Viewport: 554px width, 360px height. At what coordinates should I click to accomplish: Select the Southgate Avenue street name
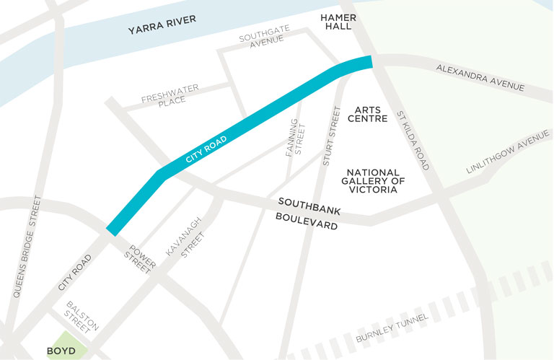point(265,35)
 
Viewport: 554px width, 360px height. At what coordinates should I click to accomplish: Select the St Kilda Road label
point(413,141)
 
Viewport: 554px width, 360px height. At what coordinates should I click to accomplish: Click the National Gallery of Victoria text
point(372,181)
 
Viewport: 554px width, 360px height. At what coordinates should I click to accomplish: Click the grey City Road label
point(74,273)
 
